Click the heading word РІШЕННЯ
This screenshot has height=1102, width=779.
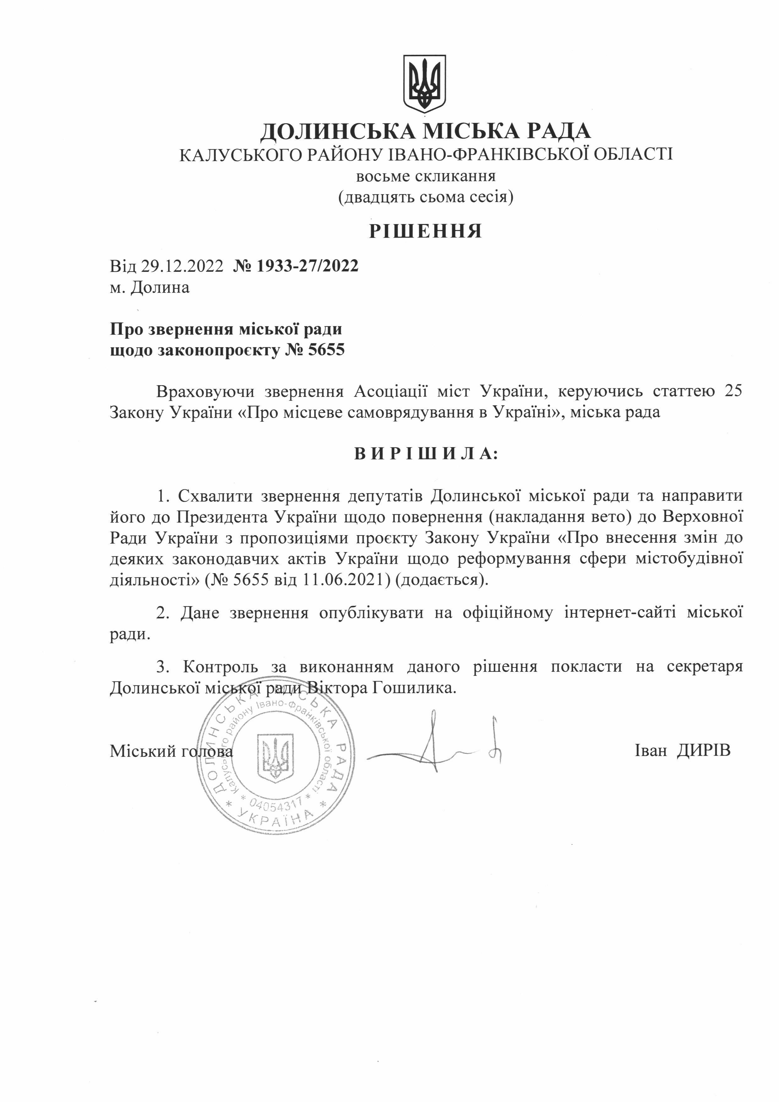coord(425,231)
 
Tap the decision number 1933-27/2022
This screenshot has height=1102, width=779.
coord(308,266)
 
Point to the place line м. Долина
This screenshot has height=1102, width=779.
coord(150,288)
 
